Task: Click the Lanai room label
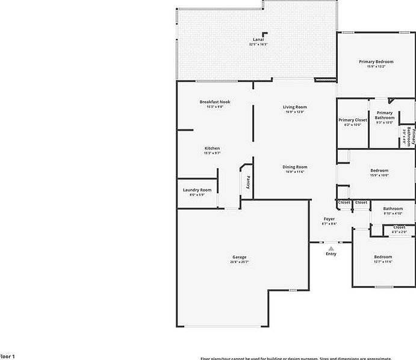tap(258, 40)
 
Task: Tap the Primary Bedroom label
tap(376, 61)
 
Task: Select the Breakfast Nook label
tap(215, 102)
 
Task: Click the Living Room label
tap(295, 107)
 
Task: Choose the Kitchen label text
tap(212, 148)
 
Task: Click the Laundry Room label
tap(197, 190)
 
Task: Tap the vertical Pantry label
tap(247, 182)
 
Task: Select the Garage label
tap(239, 257)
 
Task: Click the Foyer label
tap(329, 219)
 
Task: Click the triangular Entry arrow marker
tap(331, 247)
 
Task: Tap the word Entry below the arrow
tap(331, 254)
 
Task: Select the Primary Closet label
tap(352, 120)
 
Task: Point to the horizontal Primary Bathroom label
tap(385, 115)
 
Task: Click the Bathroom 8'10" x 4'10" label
tap(393, 208)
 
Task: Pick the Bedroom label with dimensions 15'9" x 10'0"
tap(379, 170)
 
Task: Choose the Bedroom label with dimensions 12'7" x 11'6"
tap(383, 256)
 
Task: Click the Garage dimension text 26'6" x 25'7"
tap(239, 262)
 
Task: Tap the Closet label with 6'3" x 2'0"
tap(399, 227)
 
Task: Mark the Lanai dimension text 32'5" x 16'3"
tap(258, 45)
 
